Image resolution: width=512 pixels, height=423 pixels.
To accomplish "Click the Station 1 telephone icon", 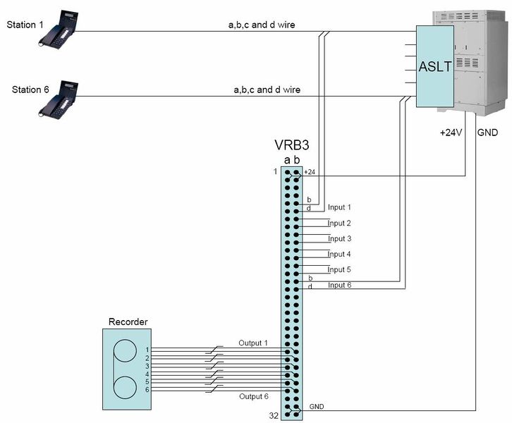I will tap(60, 29).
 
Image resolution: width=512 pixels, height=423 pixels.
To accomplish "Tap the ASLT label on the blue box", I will tap(433, 67).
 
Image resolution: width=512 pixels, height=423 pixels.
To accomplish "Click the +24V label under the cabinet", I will tap(450, 132).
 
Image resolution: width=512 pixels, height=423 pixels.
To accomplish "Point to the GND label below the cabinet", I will tap(487, 132).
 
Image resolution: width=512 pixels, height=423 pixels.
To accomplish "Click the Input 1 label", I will tap(339, 207).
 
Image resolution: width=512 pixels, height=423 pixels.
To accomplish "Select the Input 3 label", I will tap(339, 238).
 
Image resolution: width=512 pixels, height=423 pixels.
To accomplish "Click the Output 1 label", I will tap(252, 343).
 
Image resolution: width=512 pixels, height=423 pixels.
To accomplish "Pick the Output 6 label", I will tap(252, 396).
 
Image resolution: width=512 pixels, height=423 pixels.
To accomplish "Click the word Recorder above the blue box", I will tap(128, 322).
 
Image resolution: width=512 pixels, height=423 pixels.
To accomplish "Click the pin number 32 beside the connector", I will tap(274, 416).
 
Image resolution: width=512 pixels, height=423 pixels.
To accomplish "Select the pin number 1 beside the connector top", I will tap(276, 171).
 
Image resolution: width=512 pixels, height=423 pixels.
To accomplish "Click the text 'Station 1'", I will tap(25, 25).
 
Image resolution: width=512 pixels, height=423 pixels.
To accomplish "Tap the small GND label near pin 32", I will tap(316, 407).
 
